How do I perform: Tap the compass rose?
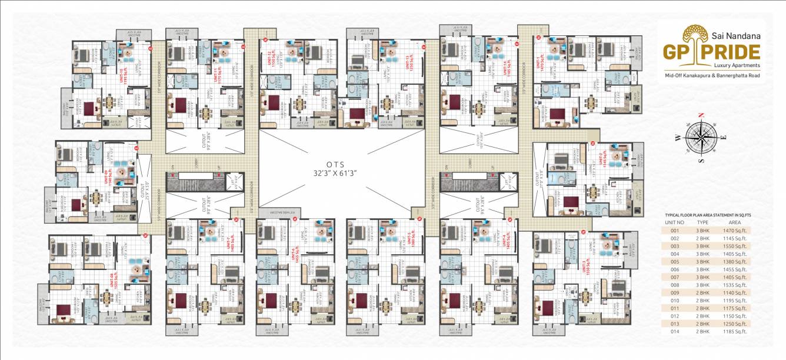point(700,138)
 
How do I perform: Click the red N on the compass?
point(701,115)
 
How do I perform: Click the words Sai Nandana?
point(738,35)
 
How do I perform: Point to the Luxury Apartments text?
point(737,65)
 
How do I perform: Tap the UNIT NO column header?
point(674,223)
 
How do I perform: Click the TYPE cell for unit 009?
point(702,292)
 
